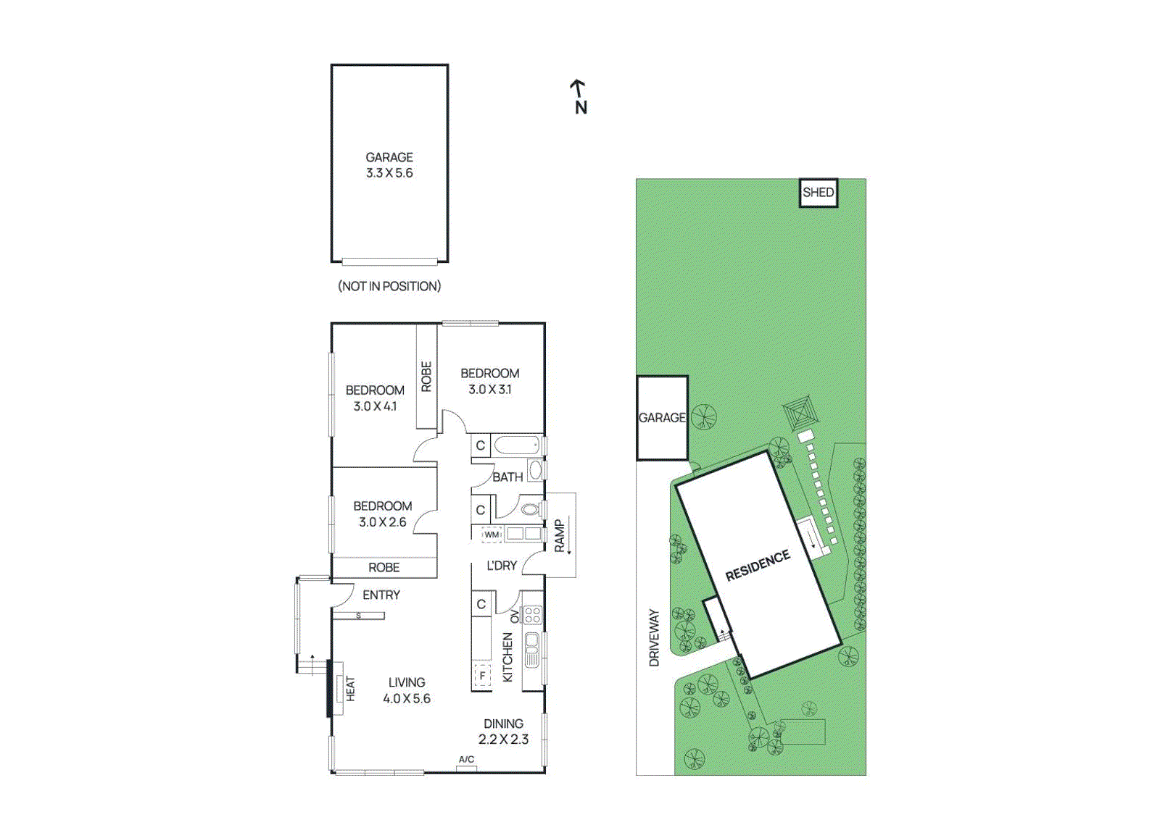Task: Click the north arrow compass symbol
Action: pos(579,96)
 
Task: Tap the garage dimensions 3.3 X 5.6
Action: pos(389,173)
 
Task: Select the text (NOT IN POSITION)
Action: pos(389,286)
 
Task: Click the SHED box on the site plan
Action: pos(818,193)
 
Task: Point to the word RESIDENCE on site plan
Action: pos(758,565)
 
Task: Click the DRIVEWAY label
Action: pos(654,637)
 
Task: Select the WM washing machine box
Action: pos(492,535)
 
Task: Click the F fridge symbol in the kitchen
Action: pos(482,676)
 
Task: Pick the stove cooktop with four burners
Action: pos(533,616)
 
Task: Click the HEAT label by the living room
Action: pos(350,688)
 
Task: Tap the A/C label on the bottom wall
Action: pos(466,760)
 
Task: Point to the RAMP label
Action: pos(559,536)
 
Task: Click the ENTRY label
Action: pos(381,595)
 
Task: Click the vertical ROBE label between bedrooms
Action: pos(426,377)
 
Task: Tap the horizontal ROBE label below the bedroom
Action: pos(384,568)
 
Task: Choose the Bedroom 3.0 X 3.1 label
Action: pos(490,381)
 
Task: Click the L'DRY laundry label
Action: pos(502,566)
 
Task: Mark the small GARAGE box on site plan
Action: pos(661,418)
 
